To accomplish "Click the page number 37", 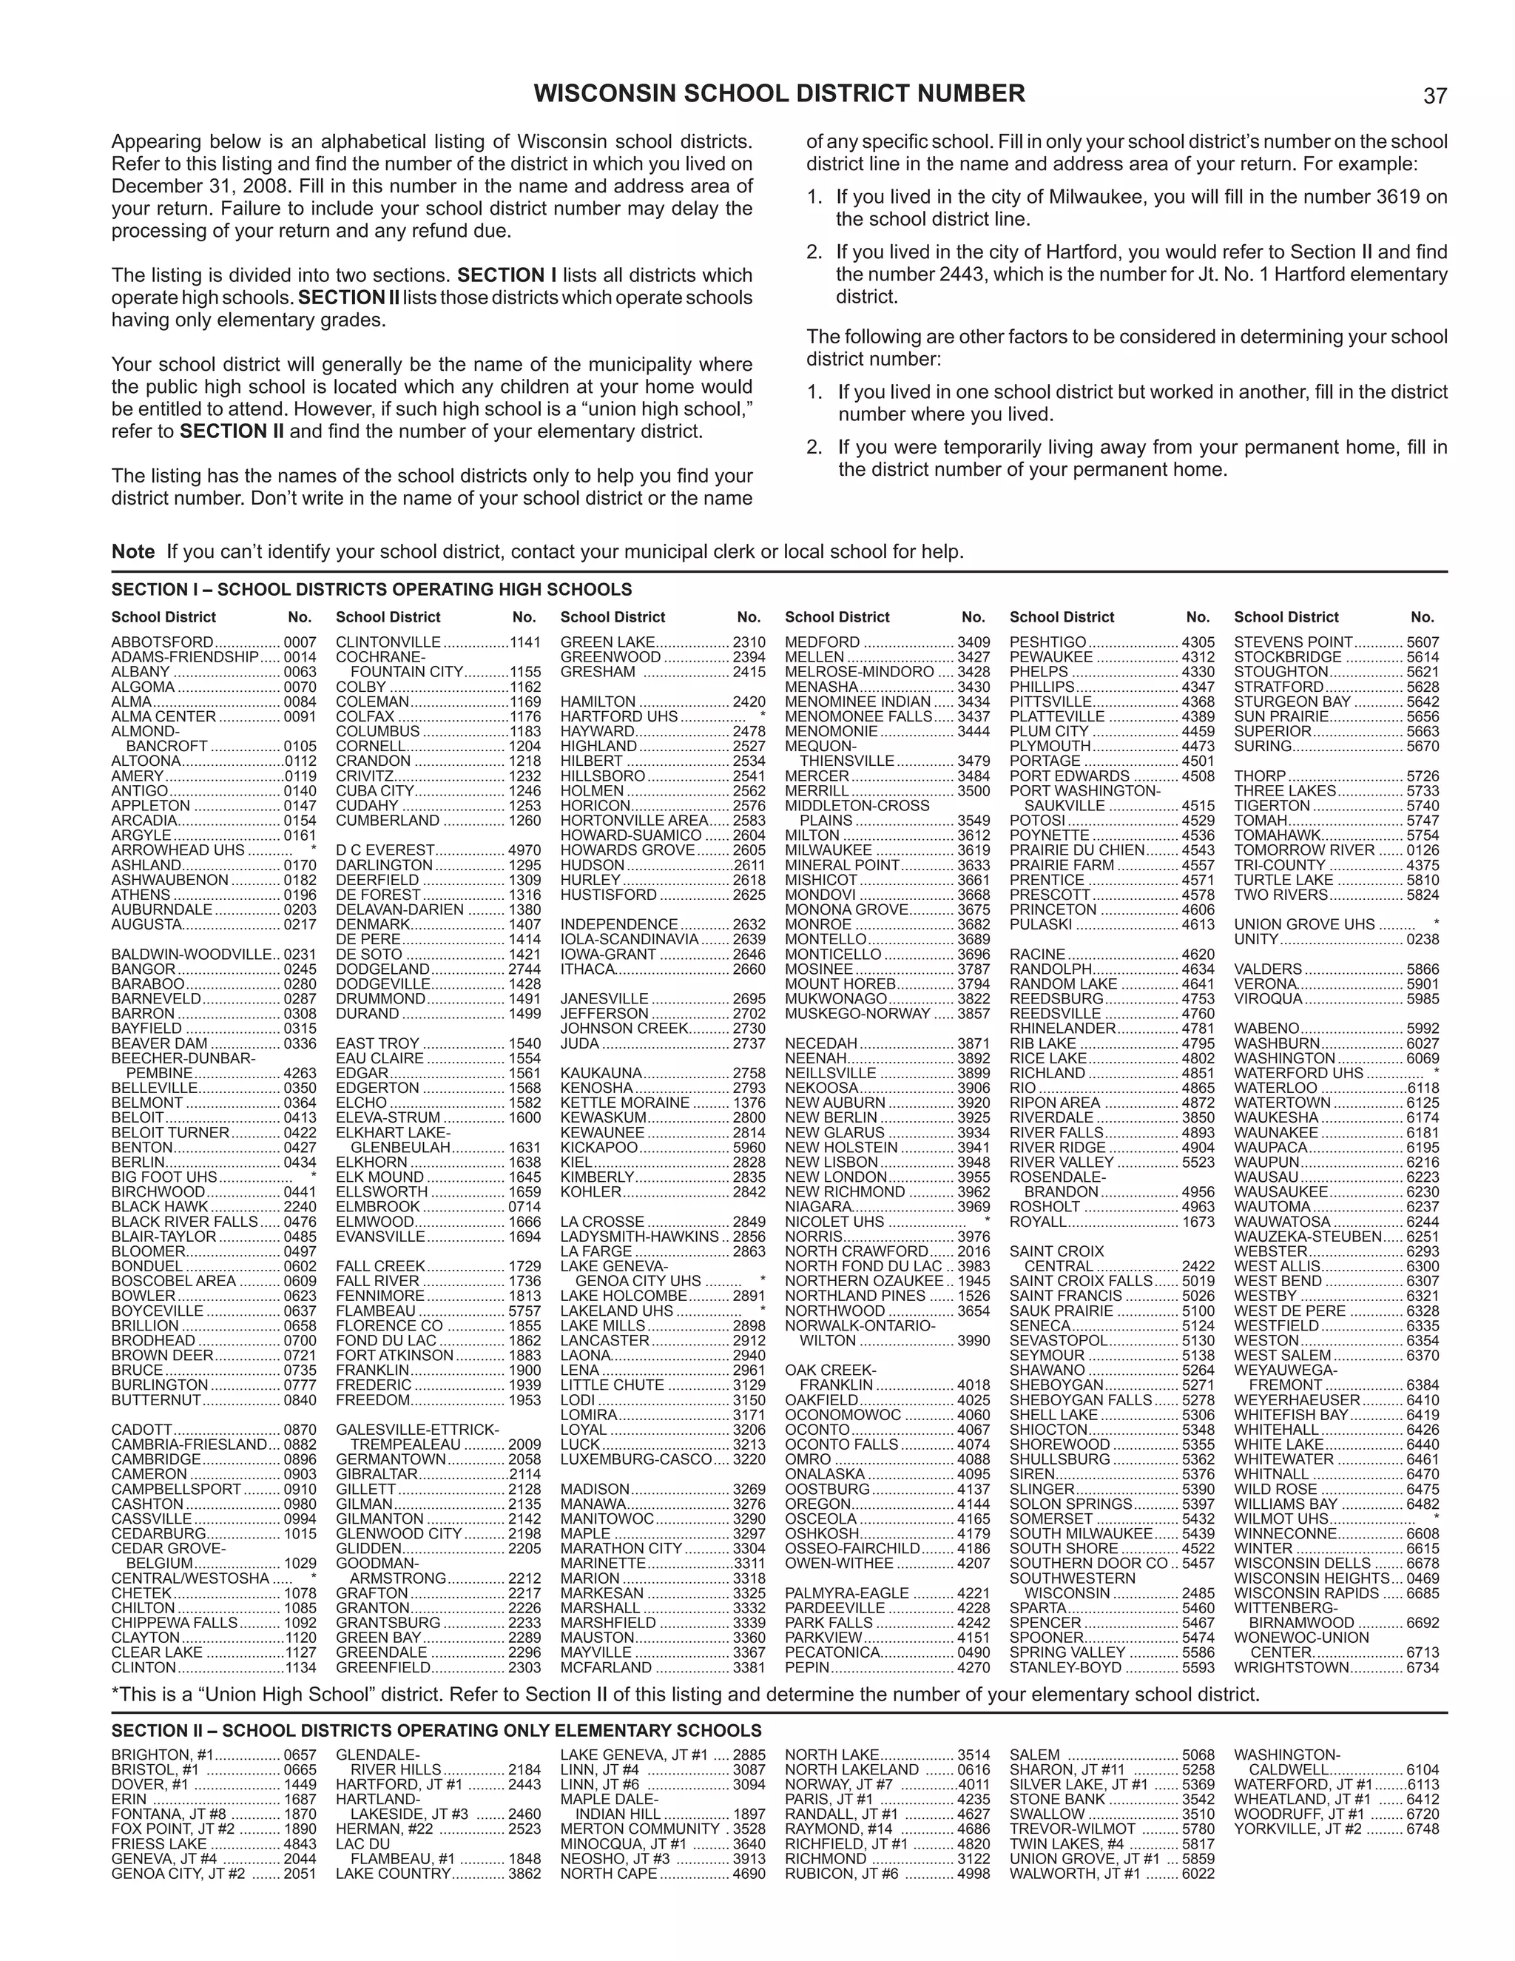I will [x=1434, y=96].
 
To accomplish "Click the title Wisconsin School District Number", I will [x=779, y=93].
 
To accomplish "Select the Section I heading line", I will [x=371, y=589].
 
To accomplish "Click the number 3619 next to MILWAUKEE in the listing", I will [x=974, y=850].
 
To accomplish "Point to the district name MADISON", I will [x=595, y=1489].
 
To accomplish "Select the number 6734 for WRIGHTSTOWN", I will [x=1423, y=1667].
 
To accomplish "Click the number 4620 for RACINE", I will [x=1198, y=955].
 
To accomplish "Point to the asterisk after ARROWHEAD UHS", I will [x=313, y=850].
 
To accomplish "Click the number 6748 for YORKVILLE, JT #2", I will [x=1423, y=1828].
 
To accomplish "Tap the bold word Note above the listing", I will [x=133, y=551].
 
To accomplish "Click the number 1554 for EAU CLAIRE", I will [x=525, y=1057].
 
